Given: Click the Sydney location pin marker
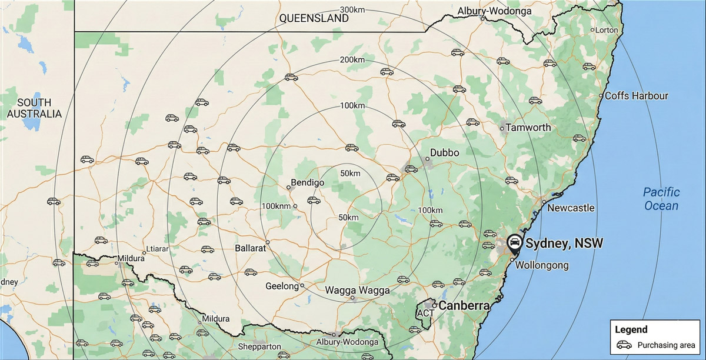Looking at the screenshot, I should click(514, 242).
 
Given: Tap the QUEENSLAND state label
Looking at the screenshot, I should click(314, 18).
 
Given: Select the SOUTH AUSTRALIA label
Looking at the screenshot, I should click(34, 108).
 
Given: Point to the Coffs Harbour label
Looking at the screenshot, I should click(637, 95).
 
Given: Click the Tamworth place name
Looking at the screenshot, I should click(528, 128).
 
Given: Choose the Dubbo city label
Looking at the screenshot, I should click(445, 152).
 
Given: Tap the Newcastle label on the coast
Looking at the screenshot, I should click(571, 208).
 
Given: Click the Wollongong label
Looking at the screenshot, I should click(542, 265).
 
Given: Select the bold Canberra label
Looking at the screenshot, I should click(465, 306).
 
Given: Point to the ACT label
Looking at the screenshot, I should click(425, 314).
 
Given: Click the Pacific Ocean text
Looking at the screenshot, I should click(661, 199).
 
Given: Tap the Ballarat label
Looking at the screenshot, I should click(251, 248).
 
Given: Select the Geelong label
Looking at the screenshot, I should click(282, 286).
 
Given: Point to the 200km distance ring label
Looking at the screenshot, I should click(352, 60).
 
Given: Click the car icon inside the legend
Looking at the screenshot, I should click(624, 345).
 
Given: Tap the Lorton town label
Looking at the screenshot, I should click(607, 30).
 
